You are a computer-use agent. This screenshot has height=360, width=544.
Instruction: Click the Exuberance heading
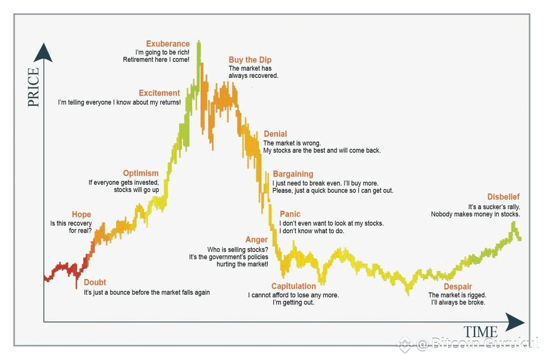167,44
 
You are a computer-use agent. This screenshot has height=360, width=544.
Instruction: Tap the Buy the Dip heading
250,60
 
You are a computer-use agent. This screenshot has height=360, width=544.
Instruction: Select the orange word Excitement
159,93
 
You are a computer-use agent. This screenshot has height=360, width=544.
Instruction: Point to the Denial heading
275,134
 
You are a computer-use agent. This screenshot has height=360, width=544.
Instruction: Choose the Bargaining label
293,174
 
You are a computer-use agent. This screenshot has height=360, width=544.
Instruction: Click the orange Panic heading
290,214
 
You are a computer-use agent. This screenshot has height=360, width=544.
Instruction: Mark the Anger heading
256,240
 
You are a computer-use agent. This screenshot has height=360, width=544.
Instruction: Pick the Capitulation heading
293,286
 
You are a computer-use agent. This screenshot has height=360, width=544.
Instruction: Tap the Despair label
458,286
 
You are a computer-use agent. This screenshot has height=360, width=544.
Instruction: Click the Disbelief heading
503,197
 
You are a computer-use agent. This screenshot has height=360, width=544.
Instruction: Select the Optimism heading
140,173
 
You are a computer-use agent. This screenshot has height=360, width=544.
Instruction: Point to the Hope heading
81,214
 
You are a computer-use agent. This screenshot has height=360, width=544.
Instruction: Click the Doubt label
95,283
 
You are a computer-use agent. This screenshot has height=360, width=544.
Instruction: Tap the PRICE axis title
33,87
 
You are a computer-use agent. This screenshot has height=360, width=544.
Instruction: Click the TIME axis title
481,332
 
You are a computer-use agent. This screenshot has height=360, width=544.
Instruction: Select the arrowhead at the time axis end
515,321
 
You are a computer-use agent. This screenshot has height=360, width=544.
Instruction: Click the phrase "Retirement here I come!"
156,60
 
